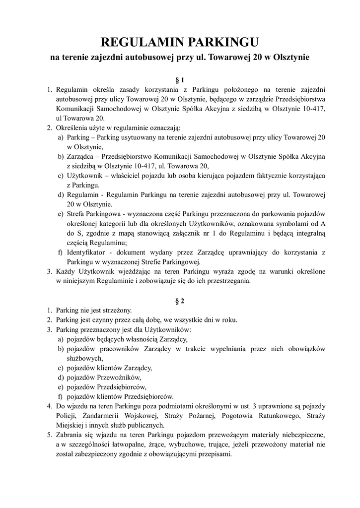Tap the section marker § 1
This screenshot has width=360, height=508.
click(x=180, y=79)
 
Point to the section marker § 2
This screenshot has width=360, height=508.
click(x=180, y=301)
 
